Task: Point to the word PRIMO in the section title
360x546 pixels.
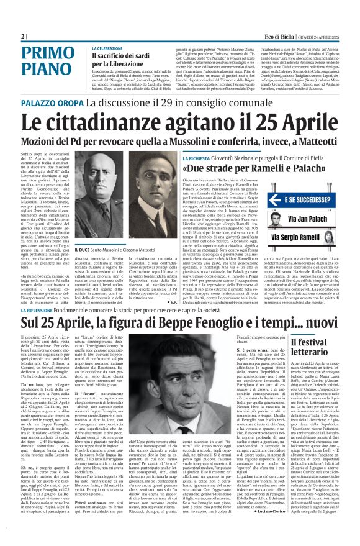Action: point(45,54)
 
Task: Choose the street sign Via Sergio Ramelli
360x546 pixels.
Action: point(305,238)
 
